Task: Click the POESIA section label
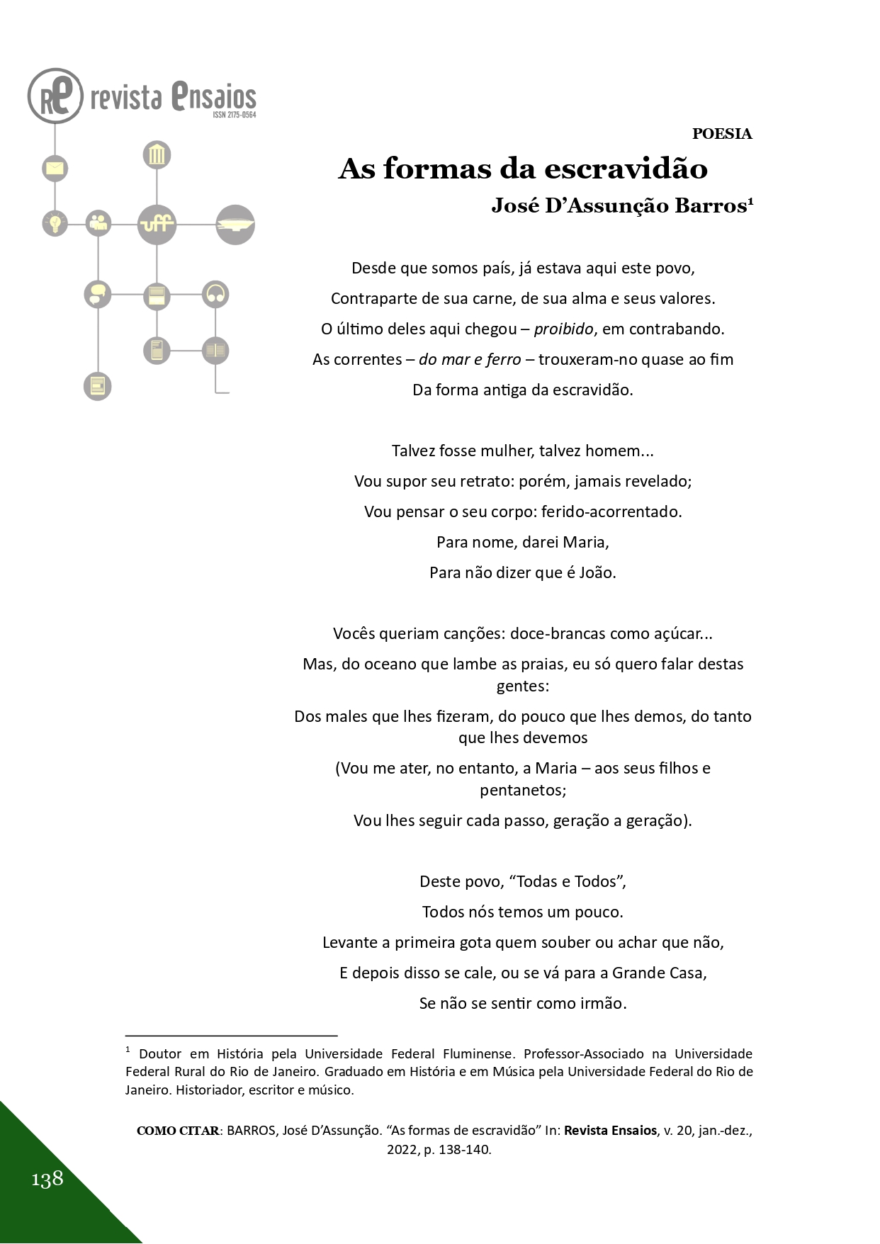(x=721, y=134)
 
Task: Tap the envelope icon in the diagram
(x=55, y=169)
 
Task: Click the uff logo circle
(x=157, y=225)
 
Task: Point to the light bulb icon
(x=55, y=223)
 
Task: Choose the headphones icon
(x=215, y=294)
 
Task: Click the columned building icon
(x=157, y=155)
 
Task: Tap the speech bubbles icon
(x=98, y=294)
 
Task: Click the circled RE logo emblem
(x=55, y=96)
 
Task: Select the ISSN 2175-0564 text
(x=234, y=115)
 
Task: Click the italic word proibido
(x=563, y=329)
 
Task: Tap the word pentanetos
(x=523, y=789)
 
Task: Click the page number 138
(x=47, y=1179)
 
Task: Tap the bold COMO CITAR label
(x=178, y=1131)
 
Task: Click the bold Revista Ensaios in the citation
(x=610, y=1131)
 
